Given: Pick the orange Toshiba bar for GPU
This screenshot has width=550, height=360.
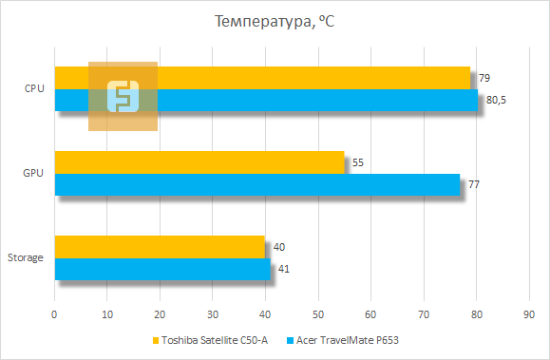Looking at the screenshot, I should pos(199,162).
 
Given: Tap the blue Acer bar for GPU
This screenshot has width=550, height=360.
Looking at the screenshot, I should pos(256,184).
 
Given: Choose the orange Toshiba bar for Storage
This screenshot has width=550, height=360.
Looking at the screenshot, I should pos(160,247).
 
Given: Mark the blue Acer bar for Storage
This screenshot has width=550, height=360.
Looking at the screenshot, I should pos(162,269).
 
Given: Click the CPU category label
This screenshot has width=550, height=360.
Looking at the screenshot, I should pos(34,88).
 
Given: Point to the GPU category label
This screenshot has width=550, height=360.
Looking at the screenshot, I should pos(33,174).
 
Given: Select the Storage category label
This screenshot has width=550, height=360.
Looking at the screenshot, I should pos(25,258).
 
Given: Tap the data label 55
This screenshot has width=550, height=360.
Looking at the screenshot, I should pos(358,162).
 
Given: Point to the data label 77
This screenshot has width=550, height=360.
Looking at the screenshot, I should pos(474,184).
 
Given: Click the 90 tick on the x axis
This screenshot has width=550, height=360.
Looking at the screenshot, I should pos(528,313).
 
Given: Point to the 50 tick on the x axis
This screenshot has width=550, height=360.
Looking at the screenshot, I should pos(317,313).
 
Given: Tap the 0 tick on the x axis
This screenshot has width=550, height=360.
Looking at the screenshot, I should pos(55,313).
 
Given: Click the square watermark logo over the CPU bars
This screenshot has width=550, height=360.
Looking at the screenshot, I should pos(123,96).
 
